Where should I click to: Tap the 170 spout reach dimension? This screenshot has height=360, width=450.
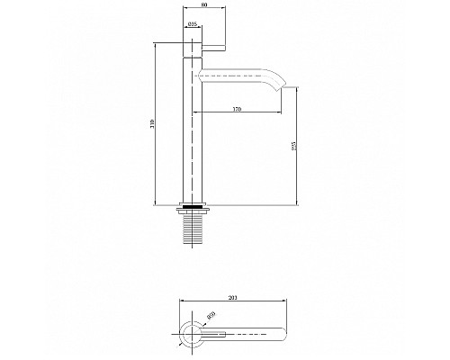click(x=237, y=108)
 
